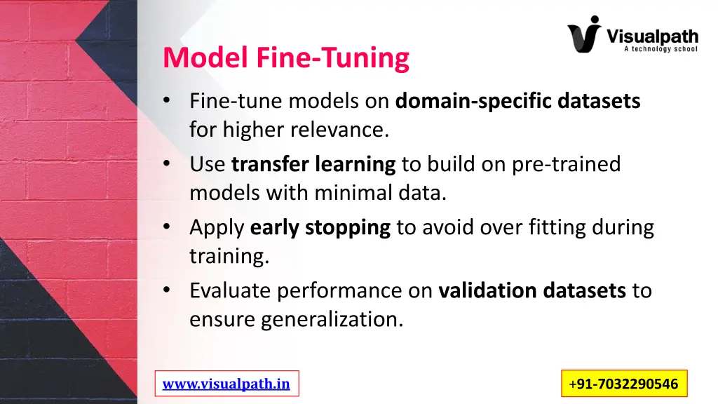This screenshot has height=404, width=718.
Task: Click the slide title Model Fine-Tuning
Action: [285, 58]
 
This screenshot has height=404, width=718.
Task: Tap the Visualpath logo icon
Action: [584, 34]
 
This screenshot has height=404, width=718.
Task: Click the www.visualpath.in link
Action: [226, 384]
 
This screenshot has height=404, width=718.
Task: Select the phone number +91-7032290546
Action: [624, 384]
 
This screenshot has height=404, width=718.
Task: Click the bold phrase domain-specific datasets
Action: [517, 102]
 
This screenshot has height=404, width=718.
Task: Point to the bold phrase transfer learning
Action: [313, 164]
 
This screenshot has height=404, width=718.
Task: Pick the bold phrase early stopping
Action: [320, 227]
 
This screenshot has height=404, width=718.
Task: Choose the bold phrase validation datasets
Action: [531, 290]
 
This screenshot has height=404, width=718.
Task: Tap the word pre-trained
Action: [567, 164]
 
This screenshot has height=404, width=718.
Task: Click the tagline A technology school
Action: [660, 49]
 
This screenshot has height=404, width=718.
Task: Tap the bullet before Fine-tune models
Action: [166, 101]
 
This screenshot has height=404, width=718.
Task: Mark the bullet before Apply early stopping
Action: [166, 227]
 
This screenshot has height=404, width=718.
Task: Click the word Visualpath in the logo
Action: [651, 35]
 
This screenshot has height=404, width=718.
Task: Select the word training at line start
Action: [229, 256]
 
